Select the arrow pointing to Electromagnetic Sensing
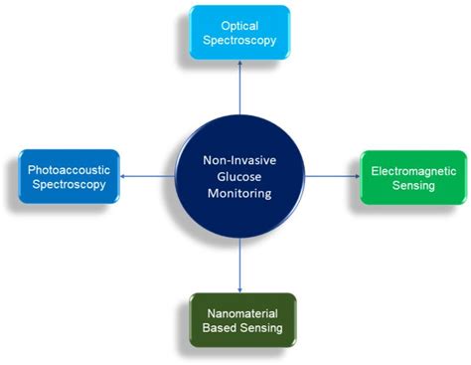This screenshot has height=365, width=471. (x=333, y=176)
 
